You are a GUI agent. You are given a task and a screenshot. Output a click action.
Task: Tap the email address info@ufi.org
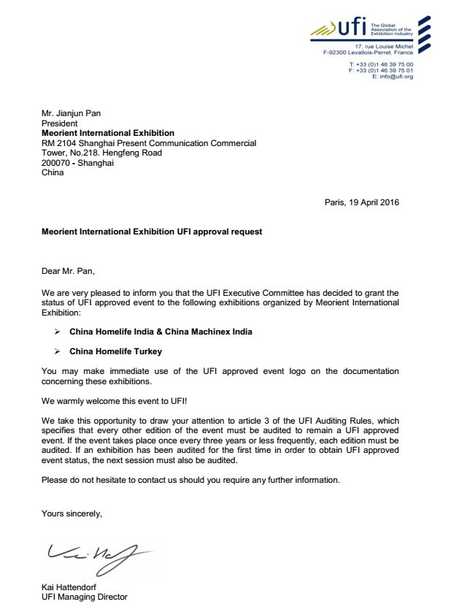tap(397, 77)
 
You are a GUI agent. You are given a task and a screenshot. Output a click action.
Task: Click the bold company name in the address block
tap(108, 133)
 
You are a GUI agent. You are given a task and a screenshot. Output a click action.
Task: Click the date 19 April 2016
tap(373, 202)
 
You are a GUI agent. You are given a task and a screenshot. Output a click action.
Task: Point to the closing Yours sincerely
tap(72, 514)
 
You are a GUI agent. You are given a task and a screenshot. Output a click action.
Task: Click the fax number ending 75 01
tap(385, 70)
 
